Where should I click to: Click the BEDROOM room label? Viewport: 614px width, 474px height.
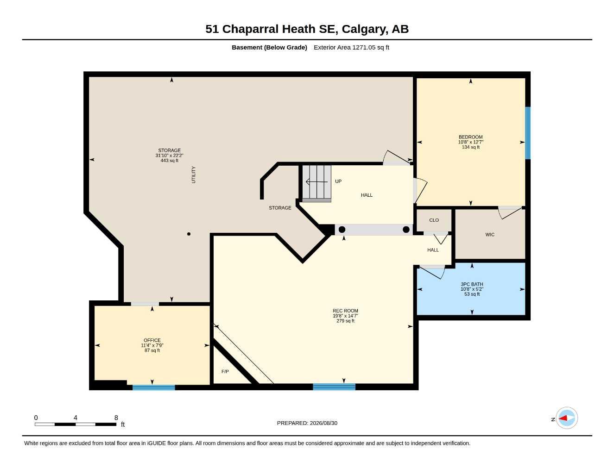coord(470,137)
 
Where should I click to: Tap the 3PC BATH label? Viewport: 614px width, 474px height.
coord(472,284)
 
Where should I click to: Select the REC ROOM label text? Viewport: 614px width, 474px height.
coord(345,311)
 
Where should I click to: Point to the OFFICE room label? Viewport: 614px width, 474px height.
coord(152,340)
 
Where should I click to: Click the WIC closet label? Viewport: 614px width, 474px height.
coord(490,235)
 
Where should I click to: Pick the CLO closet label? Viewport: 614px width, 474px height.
coord(434,220)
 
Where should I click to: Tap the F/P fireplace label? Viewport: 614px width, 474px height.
coord(225,372)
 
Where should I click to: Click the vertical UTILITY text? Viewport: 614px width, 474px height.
coord(194,175)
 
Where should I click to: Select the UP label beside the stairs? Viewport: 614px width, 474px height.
coord(338,181)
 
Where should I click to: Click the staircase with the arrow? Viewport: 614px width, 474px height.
coord(317,183)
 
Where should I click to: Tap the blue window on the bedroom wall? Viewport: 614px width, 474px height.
coord(527,133)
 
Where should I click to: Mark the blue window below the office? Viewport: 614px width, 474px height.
coord(154,387)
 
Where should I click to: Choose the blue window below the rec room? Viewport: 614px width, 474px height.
coord(334,387)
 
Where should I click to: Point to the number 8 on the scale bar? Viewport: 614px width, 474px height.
coord(116,418)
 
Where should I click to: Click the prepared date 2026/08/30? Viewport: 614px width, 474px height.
coord(323,423)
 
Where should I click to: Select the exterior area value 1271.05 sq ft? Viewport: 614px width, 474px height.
coord(370,47)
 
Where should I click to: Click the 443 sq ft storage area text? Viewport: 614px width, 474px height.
coord(169,161)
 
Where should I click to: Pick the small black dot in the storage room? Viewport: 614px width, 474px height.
coord(189,234)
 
